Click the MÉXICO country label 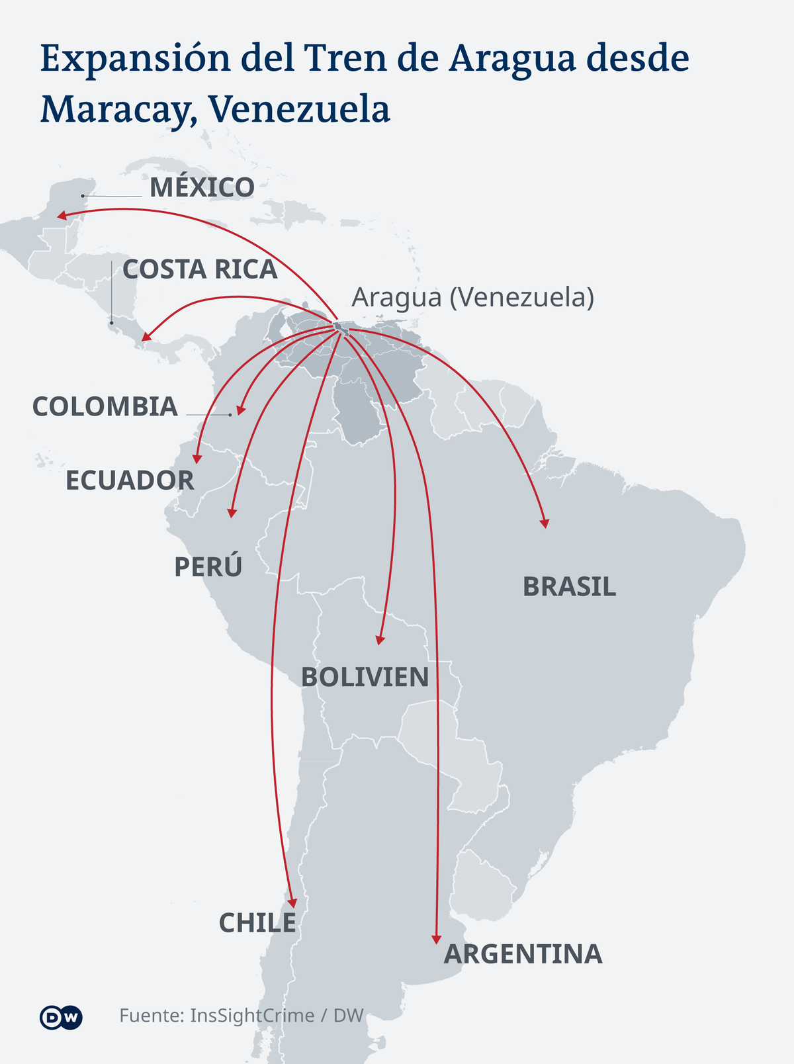[x=202, y=188]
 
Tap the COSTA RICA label [x=200, y=269]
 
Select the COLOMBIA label [x=105, y=407]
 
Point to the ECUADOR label [x=130, y=480]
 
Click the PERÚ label [x=208, y=567]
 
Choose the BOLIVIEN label [x=365, y=678]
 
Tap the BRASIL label [x=569, y=587]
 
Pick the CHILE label [x=257, y=923]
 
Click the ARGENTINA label [x=523, y=954]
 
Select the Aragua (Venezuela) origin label [x=472, y=298]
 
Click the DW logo [x=61, y=1017]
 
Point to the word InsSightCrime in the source [x=252, y=1016]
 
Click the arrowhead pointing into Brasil [x=545, y=523]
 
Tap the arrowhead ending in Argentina [x=436, y=939]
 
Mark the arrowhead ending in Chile [x=293, y=901]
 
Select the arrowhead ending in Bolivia [x=379, y=640]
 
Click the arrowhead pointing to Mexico [x=61, y=216]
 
